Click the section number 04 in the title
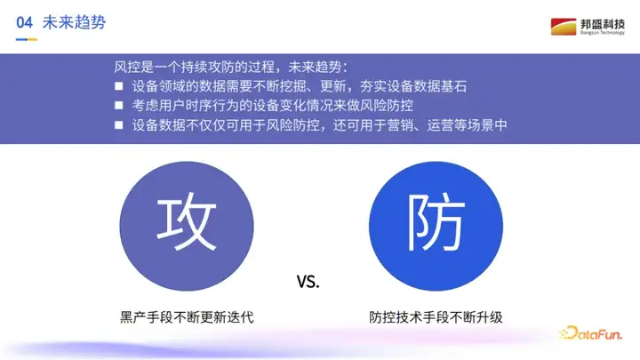point(24,22)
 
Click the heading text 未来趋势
point(74,22)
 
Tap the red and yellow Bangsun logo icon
point(564,27)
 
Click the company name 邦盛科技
point(603,24)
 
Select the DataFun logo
point(590,333)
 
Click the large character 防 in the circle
point(436,221)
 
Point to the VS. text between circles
point(308,282)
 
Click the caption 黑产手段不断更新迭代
point(187,317)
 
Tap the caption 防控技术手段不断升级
point(436,317)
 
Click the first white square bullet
point(119,86)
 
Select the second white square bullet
point(119,105)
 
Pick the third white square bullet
point(119,125)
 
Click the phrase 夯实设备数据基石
point(413,86)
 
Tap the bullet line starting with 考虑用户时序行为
point(273,105)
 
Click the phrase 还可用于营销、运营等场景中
point(420,125)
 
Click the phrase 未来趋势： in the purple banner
point(318,67)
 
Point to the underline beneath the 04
point(27,40)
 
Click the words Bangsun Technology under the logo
point(603,33)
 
